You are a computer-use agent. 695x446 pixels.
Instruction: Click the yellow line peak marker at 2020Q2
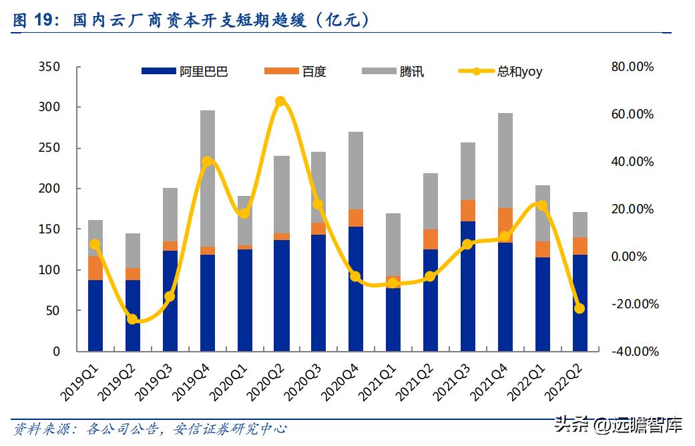pyautogui.click(x=280, y=102)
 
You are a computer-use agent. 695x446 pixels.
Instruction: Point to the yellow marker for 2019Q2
pyautogui.click(x=133, y=319)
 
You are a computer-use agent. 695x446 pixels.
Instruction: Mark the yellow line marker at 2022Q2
pyautogui.click(x=580, y=308)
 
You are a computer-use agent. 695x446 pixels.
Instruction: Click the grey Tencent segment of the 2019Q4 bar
pyautogui.click(x=208, y=178)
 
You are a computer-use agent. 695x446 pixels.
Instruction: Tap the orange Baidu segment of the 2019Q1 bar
pyautogui.click(x=95, y=267)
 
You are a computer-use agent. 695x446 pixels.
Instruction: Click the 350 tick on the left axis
pyautogui.click(x=49, y=67)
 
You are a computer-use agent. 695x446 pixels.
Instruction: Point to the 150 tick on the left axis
pyautogui.click(x=49, y=229)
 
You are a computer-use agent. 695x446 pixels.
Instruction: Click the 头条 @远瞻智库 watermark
pyautogui.click(x=618, y=423)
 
